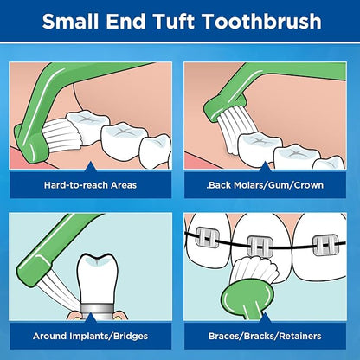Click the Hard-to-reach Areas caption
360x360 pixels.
(x=89, y=184)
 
